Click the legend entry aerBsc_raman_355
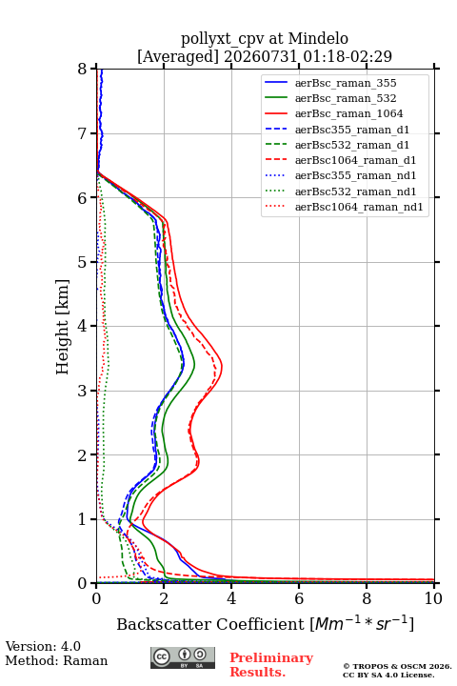coord(346,83)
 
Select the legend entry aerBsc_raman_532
coord(346,98)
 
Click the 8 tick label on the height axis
coord(83,69)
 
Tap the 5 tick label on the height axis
coord(83,262)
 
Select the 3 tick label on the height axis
coord(83,391)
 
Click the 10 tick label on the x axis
coord(433,598)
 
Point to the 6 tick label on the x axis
coord(299,598)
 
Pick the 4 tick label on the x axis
coord(231,598)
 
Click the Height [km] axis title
coord(63,327)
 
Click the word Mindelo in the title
coord(318,38)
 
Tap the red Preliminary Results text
coord(271,665)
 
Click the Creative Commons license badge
coord(183,658)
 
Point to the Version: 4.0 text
coord(43,646)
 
